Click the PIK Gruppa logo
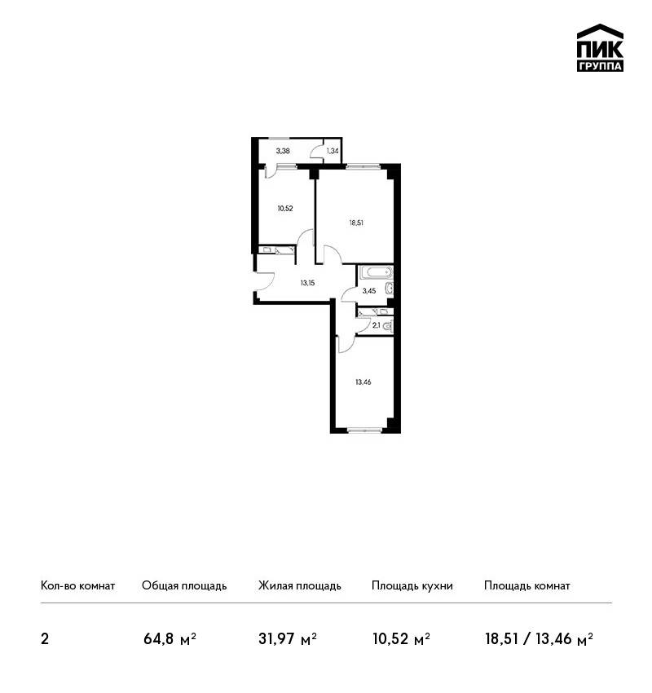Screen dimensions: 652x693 click(x=600, y=48)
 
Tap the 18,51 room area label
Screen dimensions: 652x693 click(x=356, y=223)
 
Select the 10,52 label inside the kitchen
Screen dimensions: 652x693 click(x=285, y=209)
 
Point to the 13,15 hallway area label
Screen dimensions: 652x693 click(x=307, y=283)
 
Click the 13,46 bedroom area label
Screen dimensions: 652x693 click(x=363, y=382)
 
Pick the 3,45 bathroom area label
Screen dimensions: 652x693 click(x=369, y=291)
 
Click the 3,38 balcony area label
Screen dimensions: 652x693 click(x=283, y=151)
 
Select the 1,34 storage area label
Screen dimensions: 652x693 click(x=333, y=151)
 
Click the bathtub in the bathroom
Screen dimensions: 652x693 click(x=375, y=271)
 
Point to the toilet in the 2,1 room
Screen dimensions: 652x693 click(x=387, y=327)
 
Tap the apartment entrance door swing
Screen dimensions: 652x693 click(x=264, y=281)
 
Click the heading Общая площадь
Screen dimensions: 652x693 click(x=184, y=586)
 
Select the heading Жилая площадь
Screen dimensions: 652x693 click(x=299, y=586)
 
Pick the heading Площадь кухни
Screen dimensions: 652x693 click(x=412, y=586)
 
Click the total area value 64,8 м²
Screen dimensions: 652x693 click(x=170, y=639)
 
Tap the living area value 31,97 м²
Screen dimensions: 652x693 click(x=288, y=639)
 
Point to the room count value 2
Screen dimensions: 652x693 click(x=45, y=639)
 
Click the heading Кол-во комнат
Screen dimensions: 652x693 click(x=77, y=586)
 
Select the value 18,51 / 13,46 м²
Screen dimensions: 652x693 click(x=539, y=639)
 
